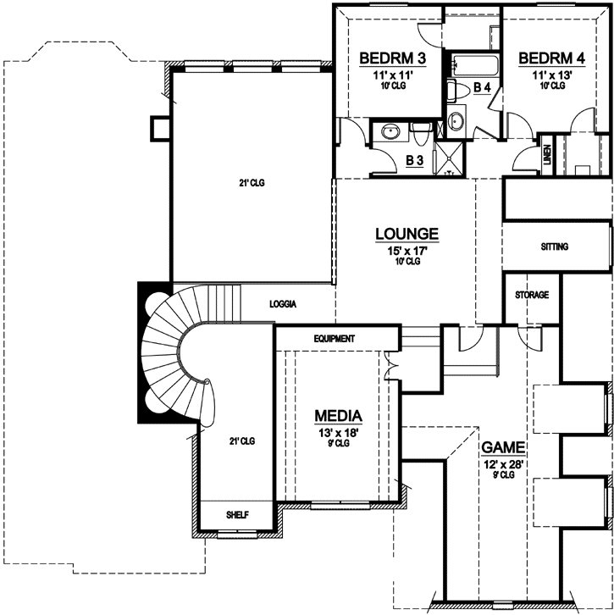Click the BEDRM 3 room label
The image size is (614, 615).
391,58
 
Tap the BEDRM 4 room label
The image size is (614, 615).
551,58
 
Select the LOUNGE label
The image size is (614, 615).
407,233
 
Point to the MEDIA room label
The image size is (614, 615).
339,416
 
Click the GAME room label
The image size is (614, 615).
504,446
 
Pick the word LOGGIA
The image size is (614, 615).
287,303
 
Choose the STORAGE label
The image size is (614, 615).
532,296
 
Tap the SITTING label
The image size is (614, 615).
554,247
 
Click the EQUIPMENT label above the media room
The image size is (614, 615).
333,339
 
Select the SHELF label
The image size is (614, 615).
236,515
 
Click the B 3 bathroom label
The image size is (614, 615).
415,159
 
